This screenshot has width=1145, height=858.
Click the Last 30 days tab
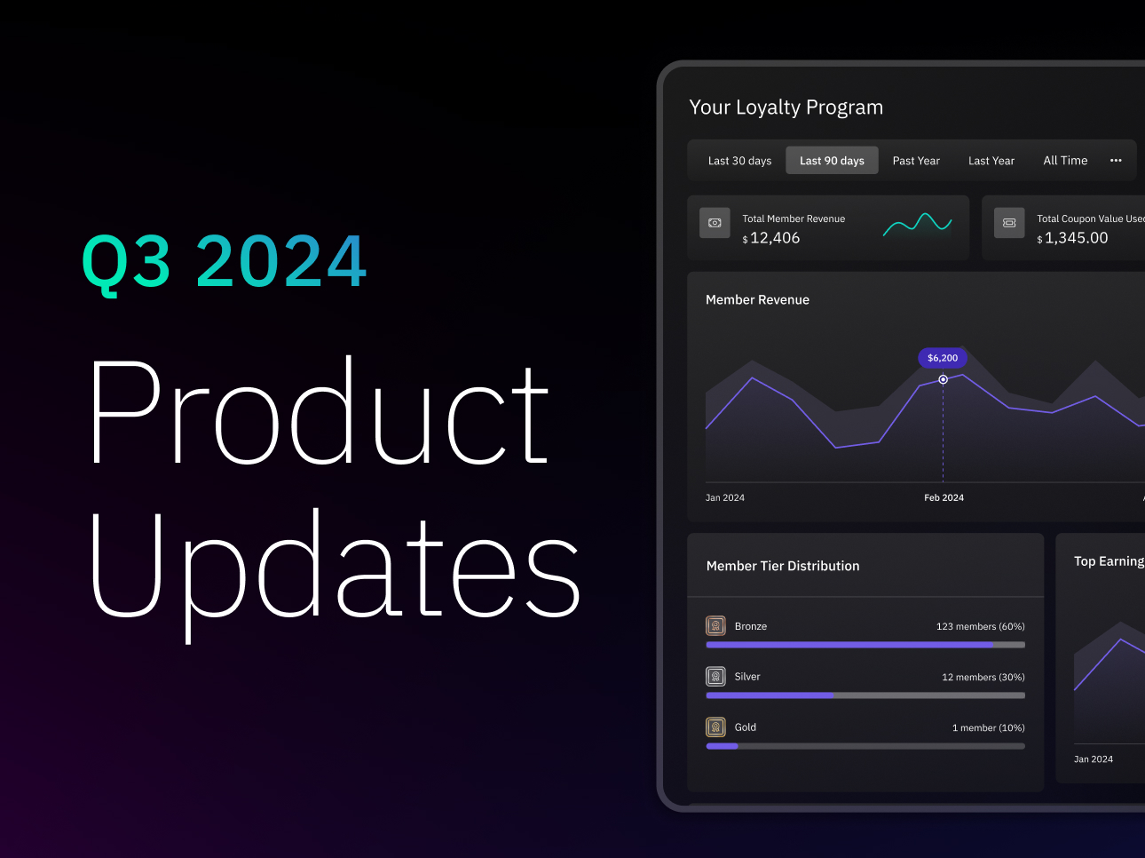coord(739,161)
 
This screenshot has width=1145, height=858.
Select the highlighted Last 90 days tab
coord(832,160)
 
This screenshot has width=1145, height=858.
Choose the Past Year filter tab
coord(916,161)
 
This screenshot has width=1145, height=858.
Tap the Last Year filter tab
coord(991,161)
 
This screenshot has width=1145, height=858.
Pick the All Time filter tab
coord(1065,161)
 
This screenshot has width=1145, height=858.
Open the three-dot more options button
coord(1116,160)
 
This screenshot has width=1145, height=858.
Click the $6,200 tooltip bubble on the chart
coord(943,358)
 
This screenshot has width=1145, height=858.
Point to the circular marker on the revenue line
coord(944,379)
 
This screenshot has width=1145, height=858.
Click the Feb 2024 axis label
coord(944,498)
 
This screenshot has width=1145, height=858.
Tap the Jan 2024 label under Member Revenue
coord(725,498)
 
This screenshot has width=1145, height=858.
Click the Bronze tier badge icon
coord(715,626)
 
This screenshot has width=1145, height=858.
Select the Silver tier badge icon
coord(715,677)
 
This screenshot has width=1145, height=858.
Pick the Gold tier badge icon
coord(715,727)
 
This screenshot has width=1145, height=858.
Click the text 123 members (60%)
coord(980,626)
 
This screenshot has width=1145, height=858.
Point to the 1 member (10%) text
coord(989,727)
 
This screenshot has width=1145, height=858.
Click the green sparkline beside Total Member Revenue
coord(917,225)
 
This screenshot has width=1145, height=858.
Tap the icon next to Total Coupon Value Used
coord(1009,223)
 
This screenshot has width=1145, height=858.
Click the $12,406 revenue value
coord(771,238)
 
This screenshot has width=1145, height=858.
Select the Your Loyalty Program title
coord(786,107)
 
